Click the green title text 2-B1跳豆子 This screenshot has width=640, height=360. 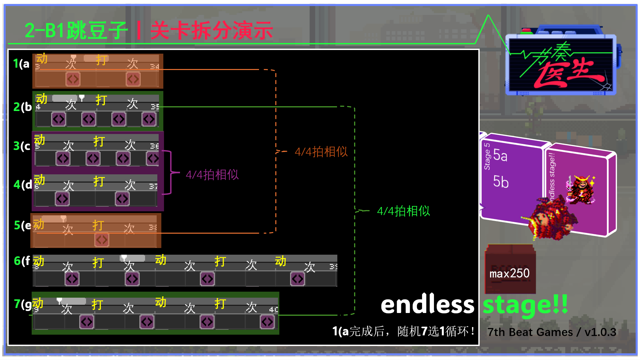point(76,31)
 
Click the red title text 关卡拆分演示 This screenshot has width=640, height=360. point(212,31)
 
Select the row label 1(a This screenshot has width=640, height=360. point(21,63)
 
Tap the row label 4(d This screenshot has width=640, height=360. point(23,184)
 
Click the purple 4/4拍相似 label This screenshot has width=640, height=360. point(212,175)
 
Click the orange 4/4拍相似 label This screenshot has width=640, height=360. point(321,152)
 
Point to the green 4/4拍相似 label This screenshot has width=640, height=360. point(403,211)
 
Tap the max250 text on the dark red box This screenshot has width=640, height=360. point(509,273)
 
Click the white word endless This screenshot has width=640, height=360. point(427,305)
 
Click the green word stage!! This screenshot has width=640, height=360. point(525,305)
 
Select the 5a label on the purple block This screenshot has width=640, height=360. point(500,155)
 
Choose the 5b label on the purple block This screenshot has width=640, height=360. point(501,182)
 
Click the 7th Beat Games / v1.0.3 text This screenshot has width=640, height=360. point(552,332)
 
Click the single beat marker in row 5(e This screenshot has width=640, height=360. point(102,240)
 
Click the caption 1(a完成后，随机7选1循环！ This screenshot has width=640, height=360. point(403,331)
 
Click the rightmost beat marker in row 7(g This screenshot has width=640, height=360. point(267,322)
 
